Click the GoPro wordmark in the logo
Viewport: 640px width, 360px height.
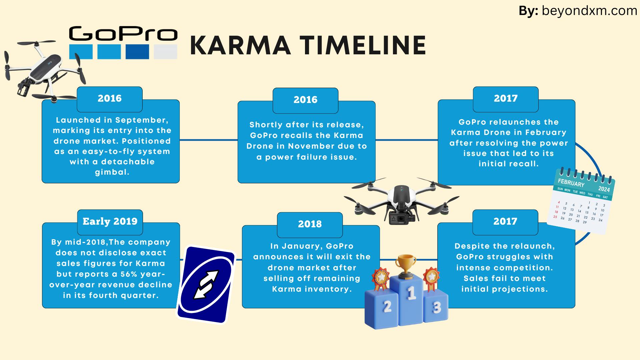click(123, 34)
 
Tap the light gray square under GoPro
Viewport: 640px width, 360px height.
click(165, 52)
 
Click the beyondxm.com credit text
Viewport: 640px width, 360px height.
click(589, 11)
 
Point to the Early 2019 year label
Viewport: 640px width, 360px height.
click(110, 221)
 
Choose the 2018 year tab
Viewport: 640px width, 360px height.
click(310, 224)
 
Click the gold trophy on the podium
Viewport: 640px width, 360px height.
click(406, 266)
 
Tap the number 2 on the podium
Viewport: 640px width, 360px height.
click(387, 306)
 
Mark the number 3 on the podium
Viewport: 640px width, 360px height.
click(437, 307)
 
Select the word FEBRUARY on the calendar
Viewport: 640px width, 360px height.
click(571, 183)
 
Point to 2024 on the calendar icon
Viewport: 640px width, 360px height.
click(604, 189)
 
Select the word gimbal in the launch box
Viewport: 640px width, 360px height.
click(112, 172)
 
